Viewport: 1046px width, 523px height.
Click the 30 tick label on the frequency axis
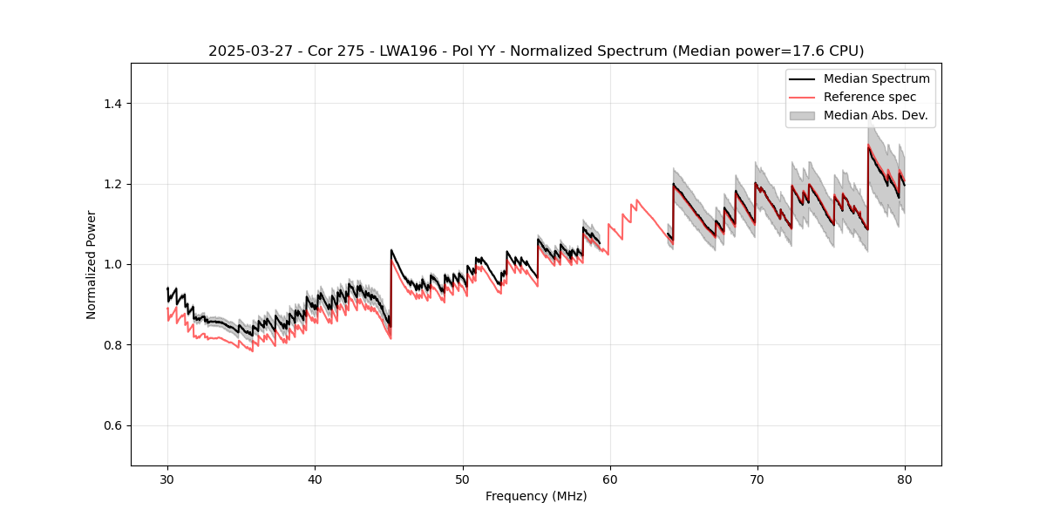pyautogui.click(x=167, y=479)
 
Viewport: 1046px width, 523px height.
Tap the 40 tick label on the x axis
pyautogui.click(x=315, y=479)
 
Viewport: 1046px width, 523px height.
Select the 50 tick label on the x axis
pyautogui.click(x=462, y=479)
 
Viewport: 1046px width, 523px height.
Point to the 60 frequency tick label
pyautogui.click(x=609, y=479)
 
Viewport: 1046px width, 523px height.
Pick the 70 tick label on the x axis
pyautogui.click(x=757, y=479)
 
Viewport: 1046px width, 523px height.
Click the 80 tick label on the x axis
pyautogui.click(x=904, y=479)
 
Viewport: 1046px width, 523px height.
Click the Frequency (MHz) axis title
pyautogui.click(x=536, y=496)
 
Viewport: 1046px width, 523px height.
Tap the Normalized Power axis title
pyautogui.click(x=92, y=264)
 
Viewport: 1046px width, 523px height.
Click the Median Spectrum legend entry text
pyautogui.click(x=876, y=78)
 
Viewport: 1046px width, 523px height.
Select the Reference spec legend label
pyautogui.click(x=869, y=97)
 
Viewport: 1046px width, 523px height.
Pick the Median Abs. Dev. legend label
pyautogui.click(x=875, y=115)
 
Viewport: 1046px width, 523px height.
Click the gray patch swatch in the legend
pyautogui.click(x=802, y=115)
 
